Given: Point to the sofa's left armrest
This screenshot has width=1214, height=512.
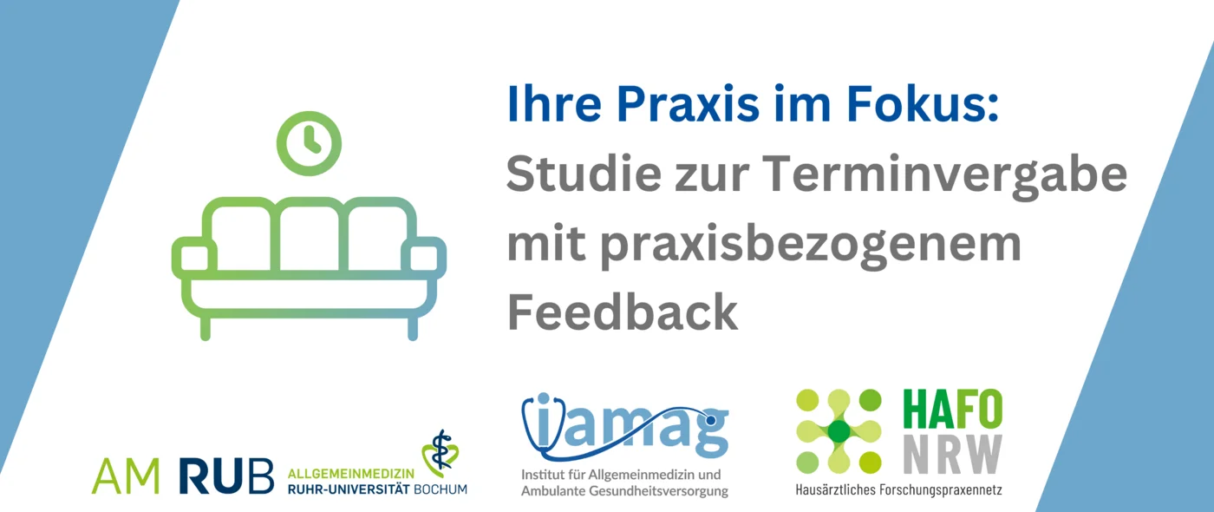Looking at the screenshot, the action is (x=194, y=255).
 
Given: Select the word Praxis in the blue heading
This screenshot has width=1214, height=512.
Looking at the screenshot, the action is (x=688, y=106).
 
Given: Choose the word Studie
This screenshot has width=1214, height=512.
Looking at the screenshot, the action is (x=584, y=173).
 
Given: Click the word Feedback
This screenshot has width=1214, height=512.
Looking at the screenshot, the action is (x=623, y=311).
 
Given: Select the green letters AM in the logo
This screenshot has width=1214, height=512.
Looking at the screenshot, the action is (x=126, y=476).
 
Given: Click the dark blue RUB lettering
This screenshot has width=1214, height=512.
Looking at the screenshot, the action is (x=226, y=476).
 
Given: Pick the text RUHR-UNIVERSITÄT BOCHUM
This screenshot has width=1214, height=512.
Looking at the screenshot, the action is (x=377, y=489).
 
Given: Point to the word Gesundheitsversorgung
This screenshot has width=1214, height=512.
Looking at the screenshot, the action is (x=658, y=491).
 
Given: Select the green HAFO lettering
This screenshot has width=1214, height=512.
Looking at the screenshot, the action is (x=953, y=410).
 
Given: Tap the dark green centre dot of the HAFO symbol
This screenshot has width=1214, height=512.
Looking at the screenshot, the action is (x=839, y=431).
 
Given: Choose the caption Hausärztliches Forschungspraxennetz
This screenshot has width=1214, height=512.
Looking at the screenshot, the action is (x=898, y=489).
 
